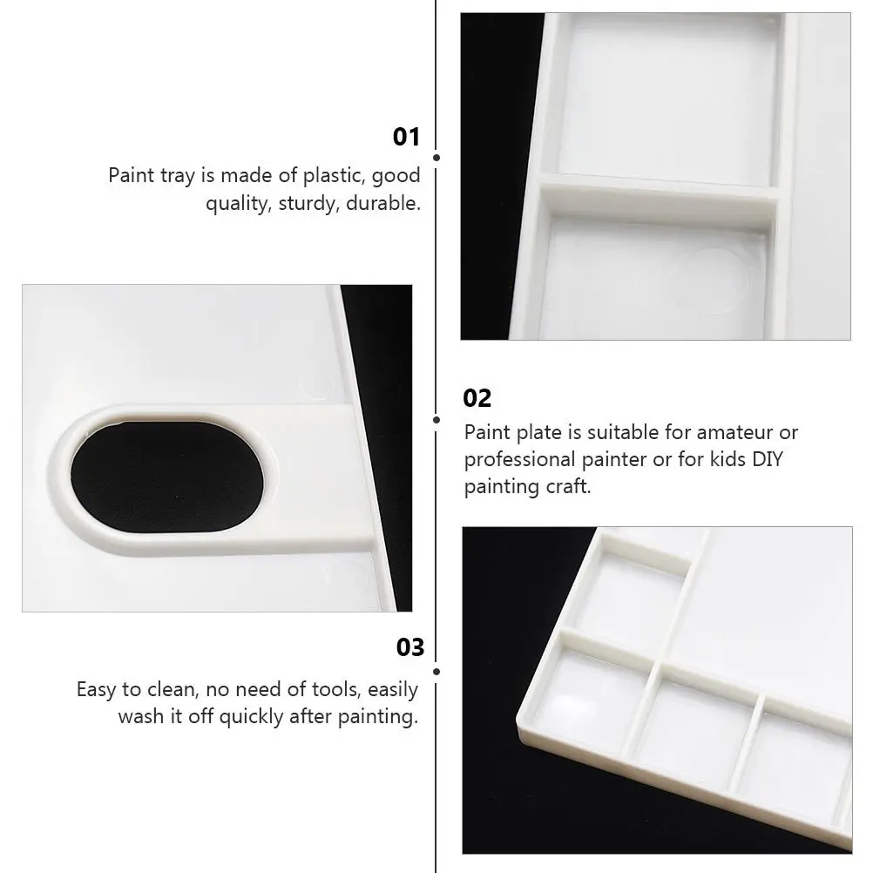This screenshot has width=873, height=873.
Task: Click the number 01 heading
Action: (x=406, y=137)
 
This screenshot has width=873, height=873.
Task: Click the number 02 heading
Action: (x=477, y=398)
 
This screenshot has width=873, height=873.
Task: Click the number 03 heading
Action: (x=409, y=647)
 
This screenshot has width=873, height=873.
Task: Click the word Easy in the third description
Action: (x=97, y=690)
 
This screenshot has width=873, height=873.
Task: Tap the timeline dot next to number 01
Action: (x=436, y=158)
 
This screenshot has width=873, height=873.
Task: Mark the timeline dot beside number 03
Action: (x=436, y=672)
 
